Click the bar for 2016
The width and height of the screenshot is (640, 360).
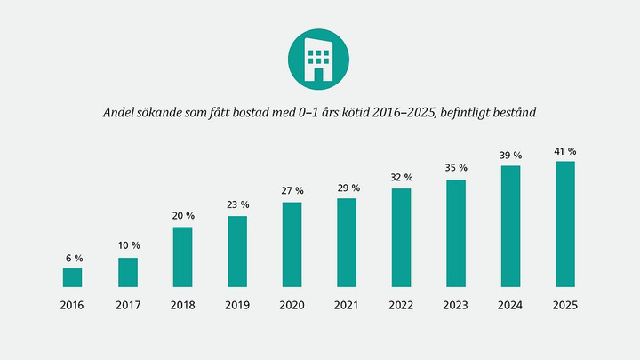72,277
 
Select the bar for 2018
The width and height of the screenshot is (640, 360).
182,257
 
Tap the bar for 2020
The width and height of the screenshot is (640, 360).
292,244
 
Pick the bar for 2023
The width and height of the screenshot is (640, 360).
456,233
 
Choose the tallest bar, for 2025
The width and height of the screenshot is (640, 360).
565,224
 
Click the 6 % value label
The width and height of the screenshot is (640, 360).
73,258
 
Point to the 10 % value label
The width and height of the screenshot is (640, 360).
128,245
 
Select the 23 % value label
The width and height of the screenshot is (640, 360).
237,205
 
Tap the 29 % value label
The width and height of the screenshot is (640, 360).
348,188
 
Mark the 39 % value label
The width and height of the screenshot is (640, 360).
511,156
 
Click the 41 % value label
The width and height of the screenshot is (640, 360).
565,150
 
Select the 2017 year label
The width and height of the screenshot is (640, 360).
128,306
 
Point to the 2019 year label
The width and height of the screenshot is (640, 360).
237,306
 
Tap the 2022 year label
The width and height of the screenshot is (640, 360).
402,306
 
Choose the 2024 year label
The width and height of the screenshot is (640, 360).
511,306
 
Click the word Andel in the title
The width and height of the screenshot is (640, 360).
122,113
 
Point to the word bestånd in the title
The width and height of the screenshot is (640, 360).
514,113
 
